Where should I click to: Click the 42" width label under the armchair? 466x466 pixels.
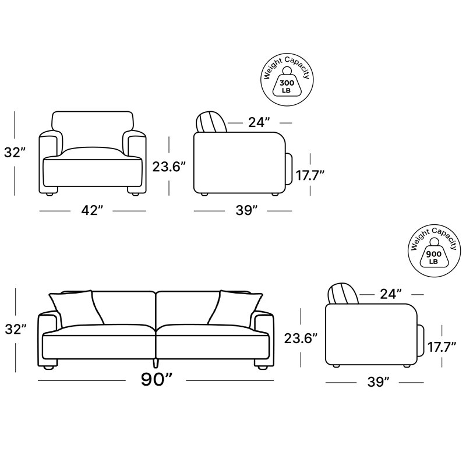point(92,210)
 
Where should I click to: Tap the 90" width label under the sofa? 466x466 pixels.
point(157,379)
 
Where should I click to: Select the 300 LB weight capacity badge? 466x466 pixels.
point(287,80)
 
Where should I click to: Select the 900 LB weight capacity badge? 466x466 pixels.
point(434,251)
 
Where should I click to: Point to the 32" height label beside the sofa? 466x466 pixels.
point(16,329)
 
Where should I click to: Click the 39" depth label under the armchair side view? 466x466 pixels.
point(246,210)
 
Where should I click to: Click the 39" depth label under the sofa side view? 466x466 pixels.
point(378,382)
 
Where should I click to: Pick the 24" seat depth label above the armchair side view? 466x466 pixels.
point(259,122)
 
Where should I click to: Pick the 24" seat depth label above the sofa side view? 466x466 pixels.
point(391,294)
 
